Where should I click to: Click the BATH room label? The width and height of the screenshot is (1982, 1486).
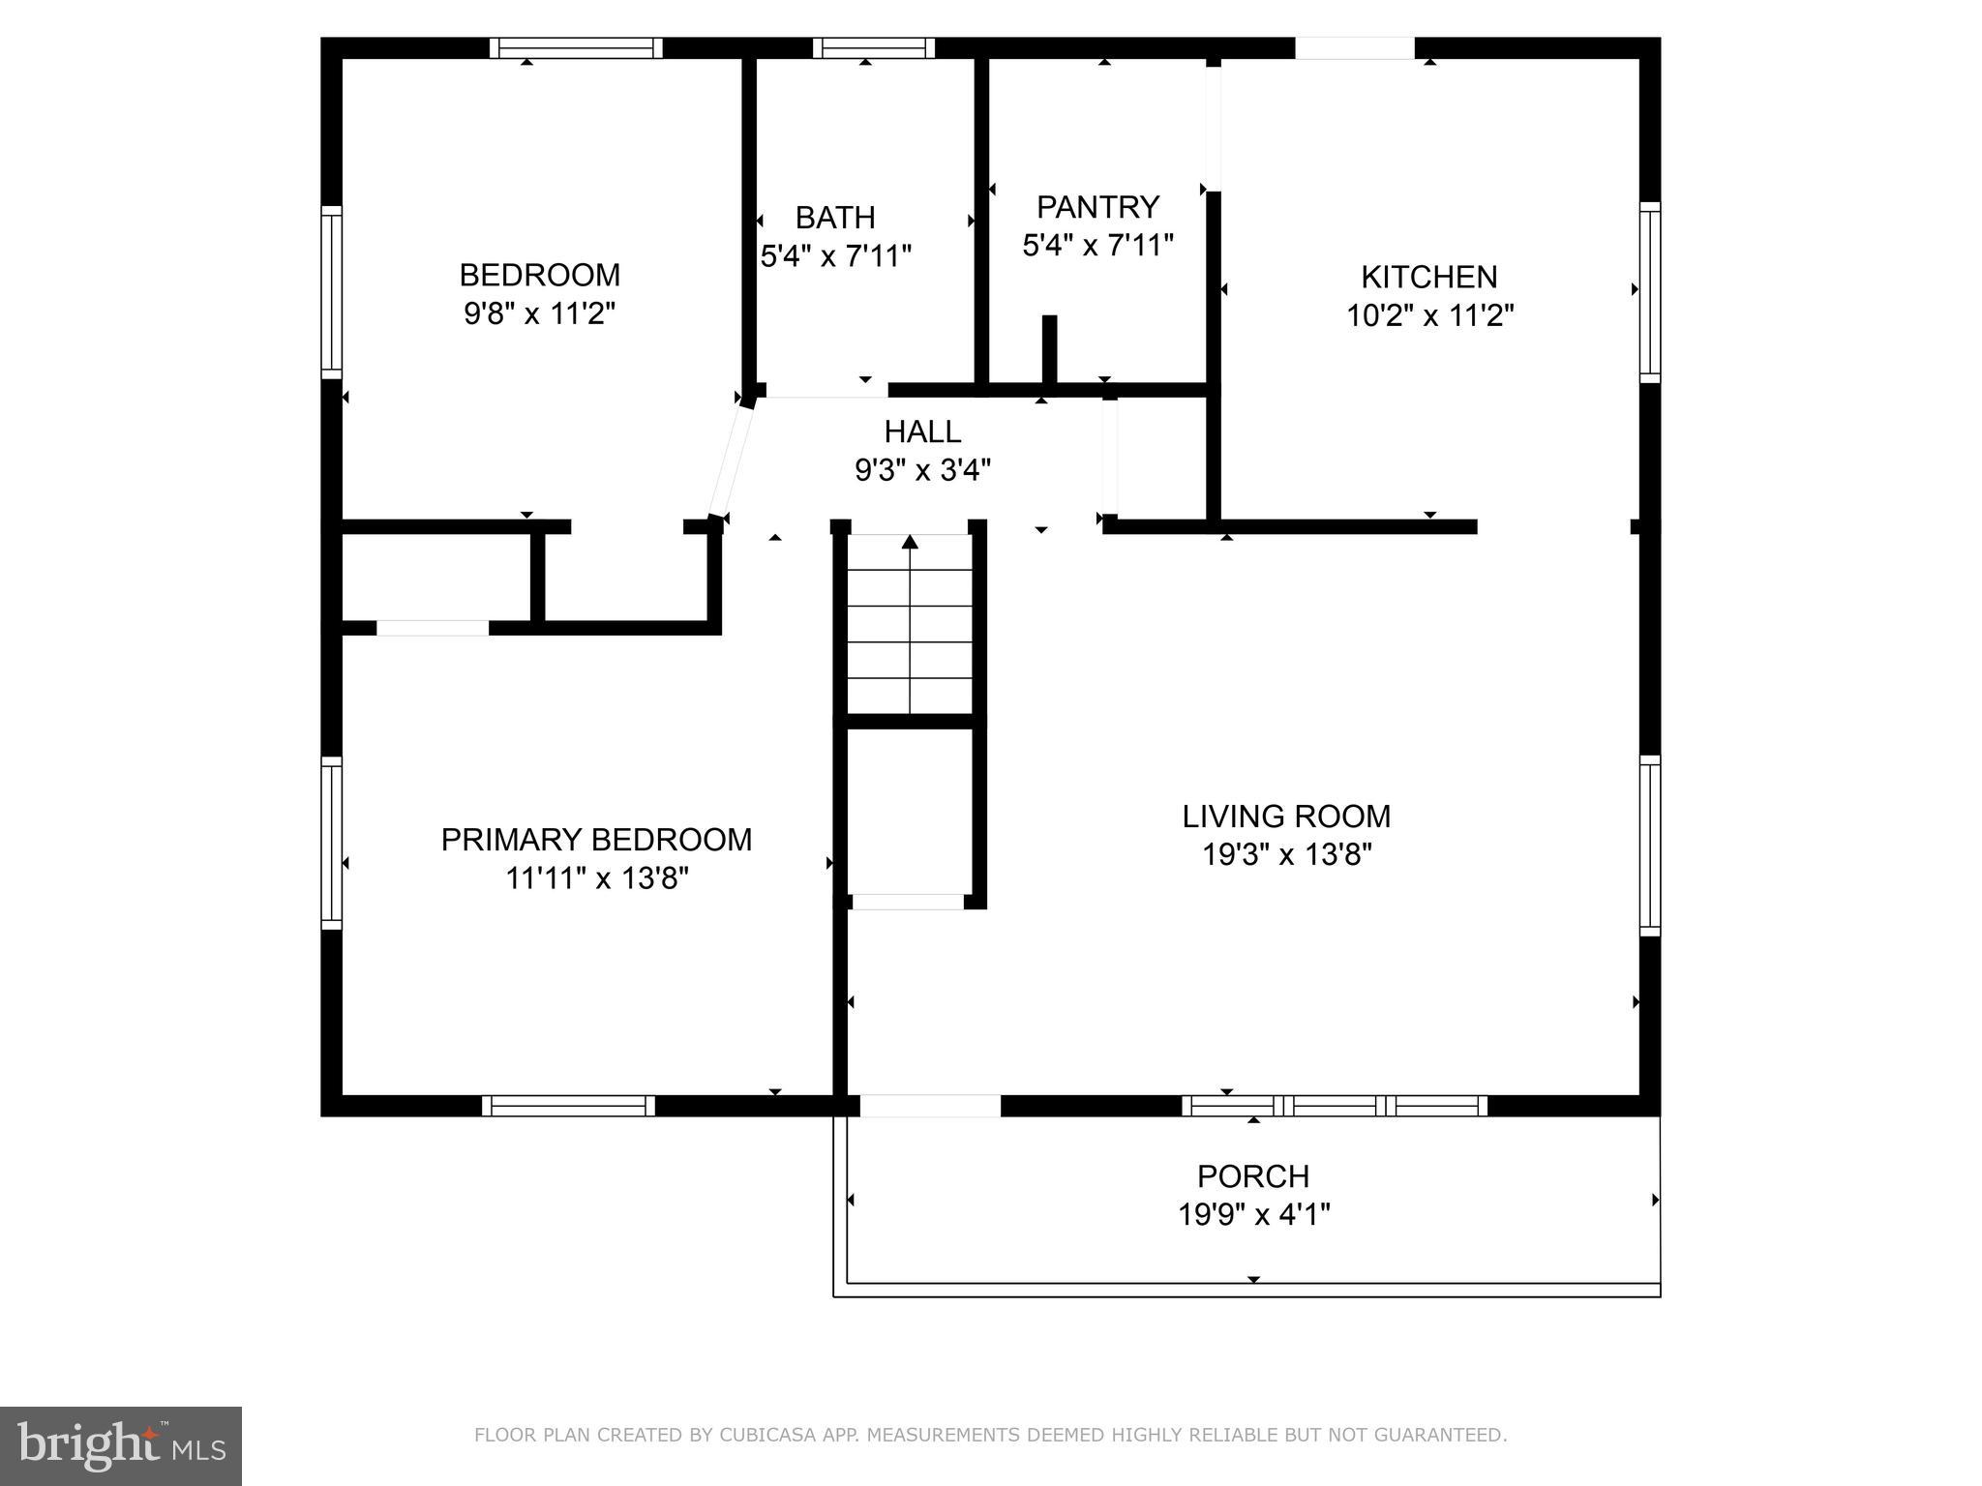835,217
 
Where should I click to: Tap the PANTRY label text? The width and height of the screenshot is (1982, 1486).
1097,207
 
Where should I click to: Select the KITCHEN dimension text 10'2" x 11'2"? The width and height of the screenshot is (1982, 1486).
1429,315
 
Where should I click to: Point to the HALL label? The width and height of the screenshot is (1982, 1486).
922,431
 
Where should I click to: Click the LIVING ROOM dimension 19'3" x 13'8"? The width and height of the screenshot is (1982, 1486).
1286,855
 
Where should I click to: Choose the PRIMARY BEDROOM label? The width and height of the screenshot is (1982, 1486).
596,840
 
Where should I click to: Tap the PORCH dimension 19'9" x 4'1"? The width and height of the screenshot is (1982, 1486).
1253,1214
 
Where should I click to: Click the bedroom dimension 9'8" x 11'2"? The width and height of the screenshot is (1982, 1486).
539,314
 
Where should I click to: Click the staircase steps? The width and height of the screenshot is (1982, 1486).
910,624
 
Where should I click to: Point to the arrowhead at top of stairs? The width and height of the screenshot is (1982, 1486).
910,541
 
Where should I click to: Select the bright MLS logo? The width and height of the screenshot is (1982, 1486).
121,1446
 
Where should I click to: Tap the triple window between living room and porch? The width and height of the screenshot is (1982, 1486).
1335,1106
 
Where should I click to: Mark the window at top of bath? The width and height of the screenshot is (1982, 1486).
874,47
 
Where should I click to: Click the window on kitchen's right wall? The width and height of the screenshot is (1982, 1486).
1650,292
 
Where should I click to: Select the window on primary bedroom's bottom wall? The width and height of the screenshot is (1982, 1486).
568,1106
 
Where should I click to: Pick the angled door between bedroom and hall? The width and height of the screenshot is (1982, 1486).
732,461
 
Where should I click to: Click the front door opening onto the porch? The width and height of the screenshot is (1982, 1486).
930,1106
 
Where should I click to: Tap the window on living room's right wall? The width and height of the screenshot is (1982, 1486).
1650,847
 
